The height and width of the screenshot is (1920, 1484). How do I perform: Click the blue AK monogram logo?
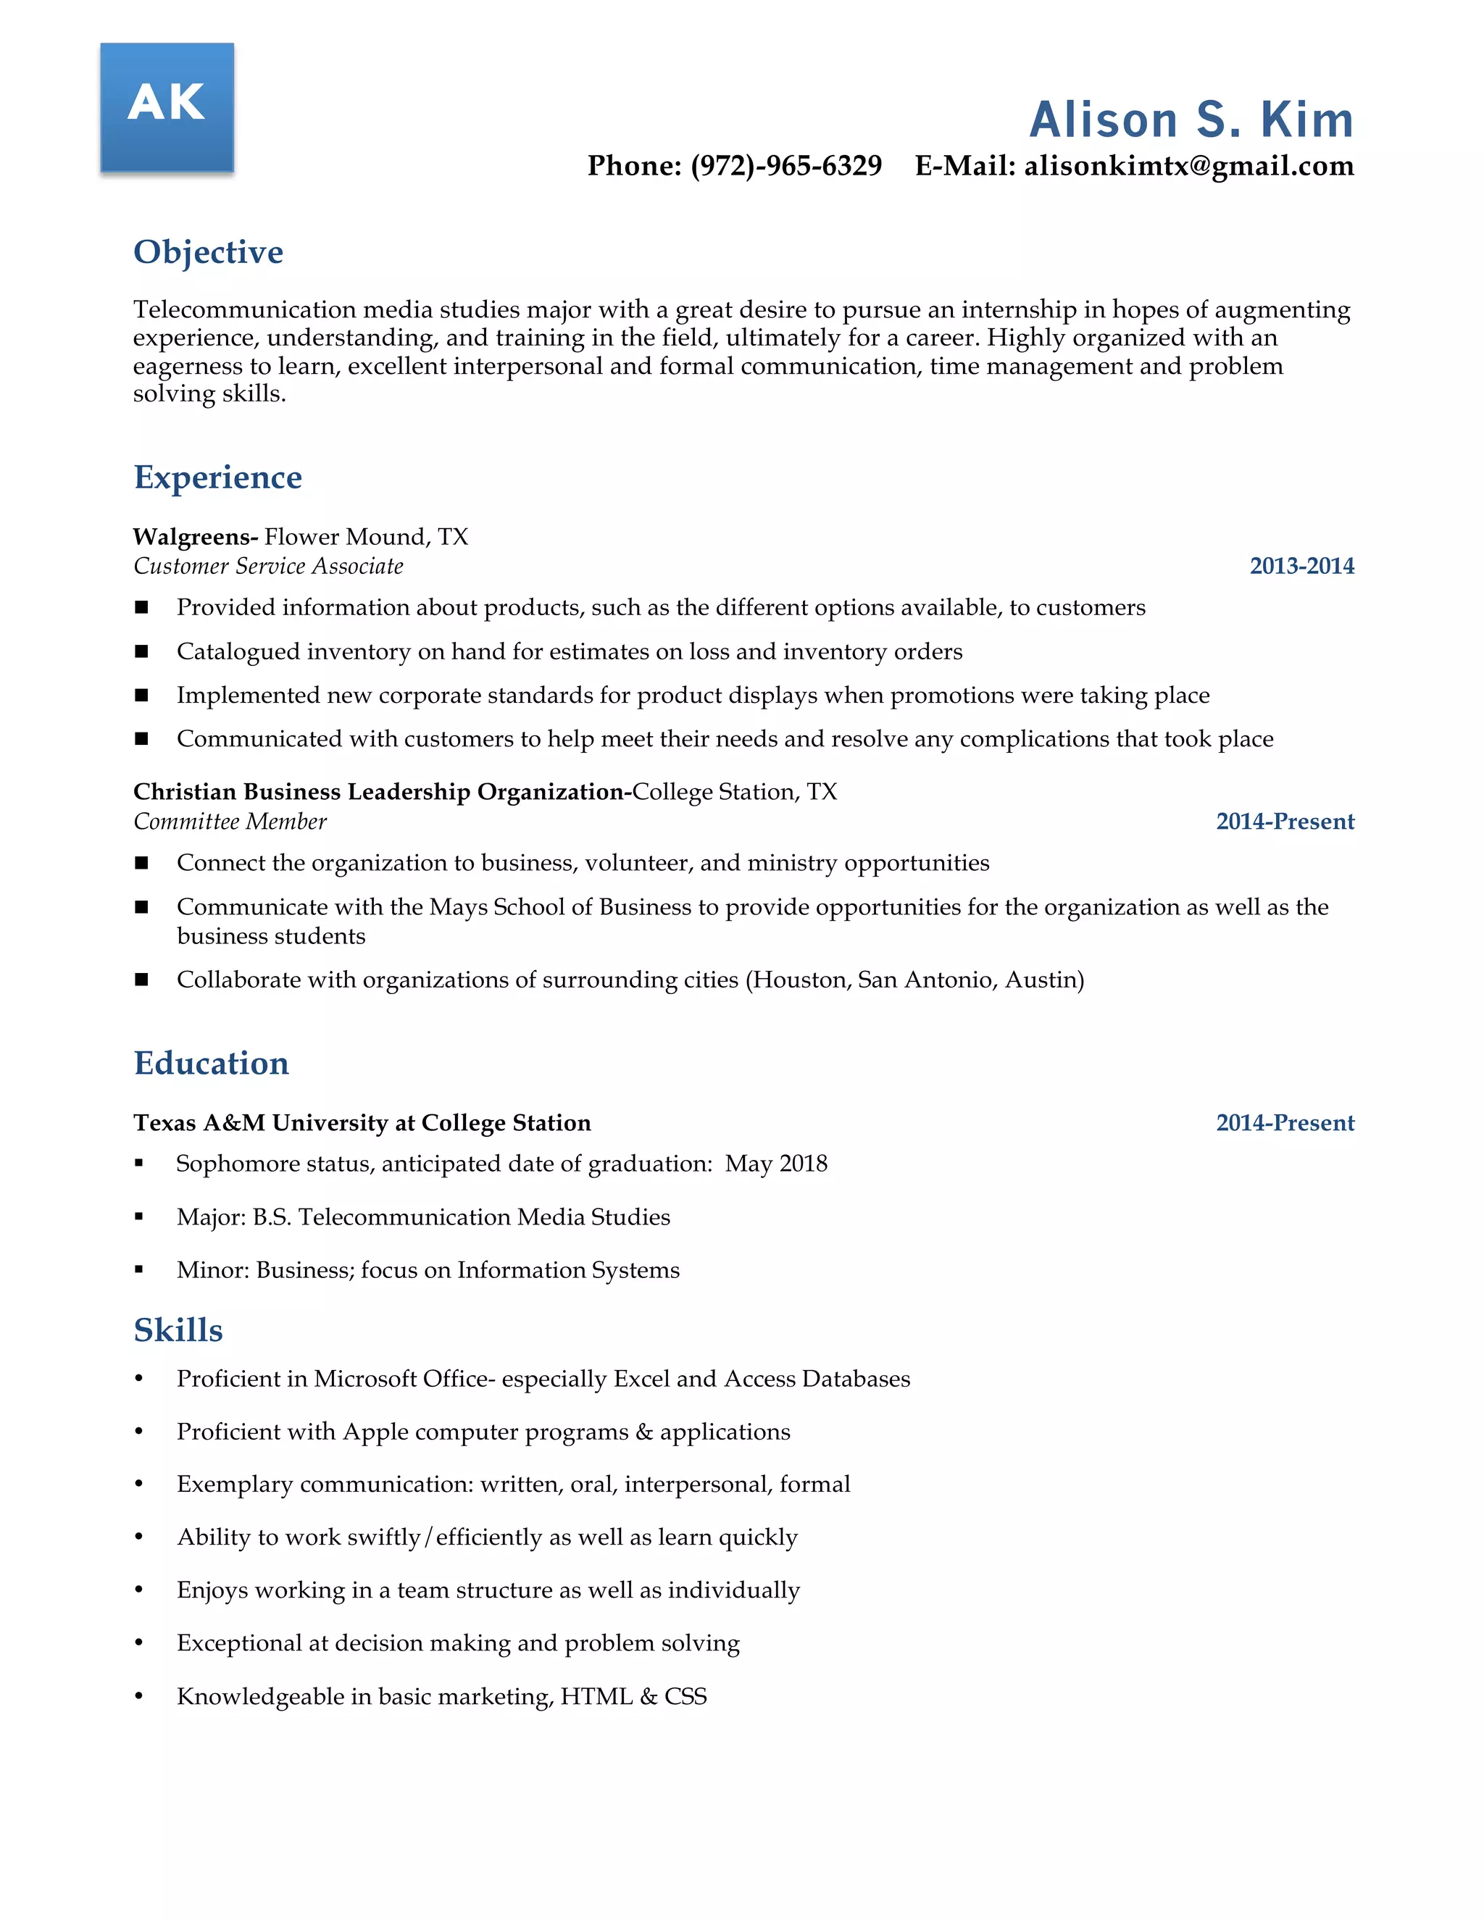[167, 107]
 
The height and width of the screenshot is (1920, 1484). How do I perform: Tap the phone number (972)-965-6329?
[786, 166]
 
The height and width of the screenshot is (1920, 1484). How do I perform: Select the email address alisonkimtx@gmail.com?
[1188, 166]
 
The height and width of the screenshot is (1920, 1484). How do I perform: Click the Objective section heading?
[209, 252]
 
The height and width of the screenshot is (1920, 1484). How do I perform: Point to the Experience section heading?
[218, 477]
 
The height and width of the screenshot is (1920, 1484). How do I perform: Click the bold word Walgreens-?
[195, 537]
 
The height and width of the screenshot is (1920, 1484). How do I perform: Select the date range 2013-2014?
[1301, 566]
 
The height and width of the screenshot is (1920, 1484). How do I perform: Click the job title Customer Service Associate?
[268, 566]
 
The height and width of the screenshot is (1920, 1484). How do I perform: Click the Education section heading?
[211, 1064]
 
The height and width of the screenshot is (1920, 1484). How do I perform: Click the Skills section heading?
[178, 1330]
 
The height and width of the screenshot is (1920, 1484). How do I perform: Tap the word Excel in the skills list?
[641, 1379]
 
